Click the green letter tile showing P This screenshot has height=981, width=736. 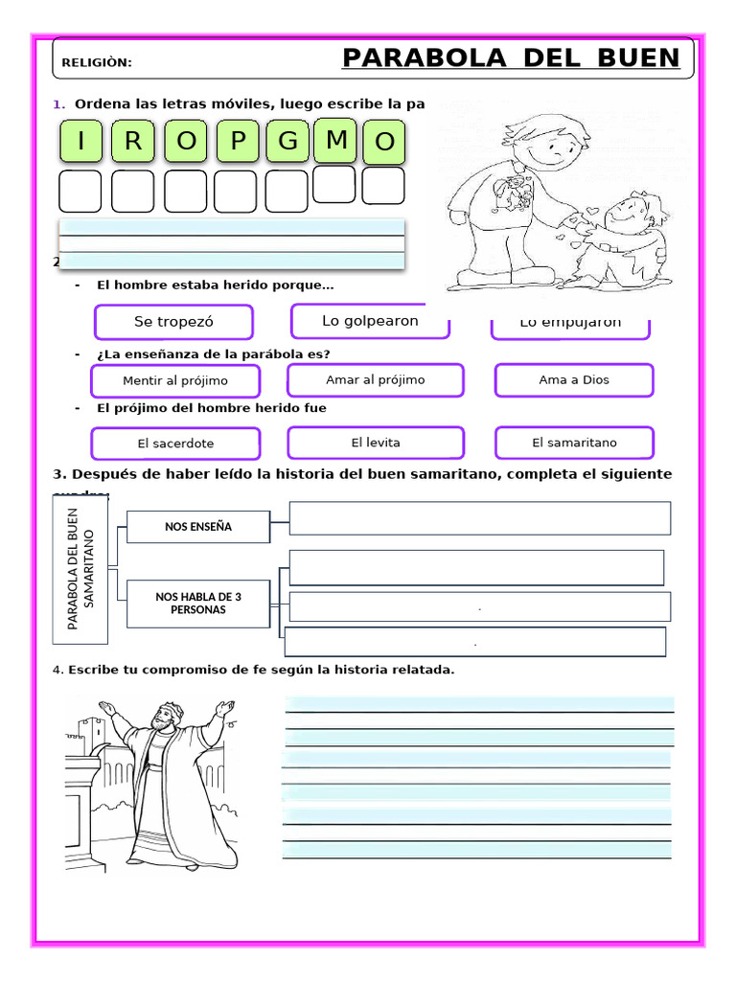(x=238, y=142)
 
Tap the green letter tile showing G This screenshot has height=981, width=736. (x=287, y=142)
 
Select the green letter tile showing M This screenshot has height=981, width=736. (x=335, y=140)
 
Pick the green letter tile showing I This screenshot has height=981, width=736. (x=81, y=142)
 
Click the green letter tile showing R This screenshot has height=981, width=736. (x=133, y=142)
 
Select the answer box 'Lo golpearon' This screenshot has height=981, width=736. (x=370, y=321)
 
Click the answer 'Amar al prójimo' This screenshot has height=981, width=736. (x=375, y=380)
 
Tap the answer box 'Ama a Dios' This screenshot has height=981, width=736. (x=573, y=380)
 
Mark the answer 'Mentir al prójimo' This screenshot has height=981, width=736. (x=174, y=381)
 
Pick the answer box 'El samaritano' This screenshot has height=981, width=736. (x=574, y=443)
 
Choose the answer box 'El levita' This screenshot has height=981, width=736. (x=375, y=443)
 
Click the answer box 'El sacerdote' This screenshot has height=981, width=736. (x=174, y=444)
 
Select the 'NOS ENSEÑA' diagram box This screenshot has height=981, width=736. (x=197, y=526)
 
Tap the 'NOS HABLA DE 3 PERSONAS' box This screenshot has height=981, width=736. (x=197, y=604)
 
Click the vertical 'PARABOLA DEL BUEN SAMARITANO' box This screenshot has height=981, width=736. (x=81, y=570)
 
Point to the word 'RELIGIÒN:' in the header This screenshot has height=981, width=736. (x=97, y=63)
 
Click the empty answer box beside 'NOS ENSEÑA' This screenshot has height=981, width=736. (x=479, y=518)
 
